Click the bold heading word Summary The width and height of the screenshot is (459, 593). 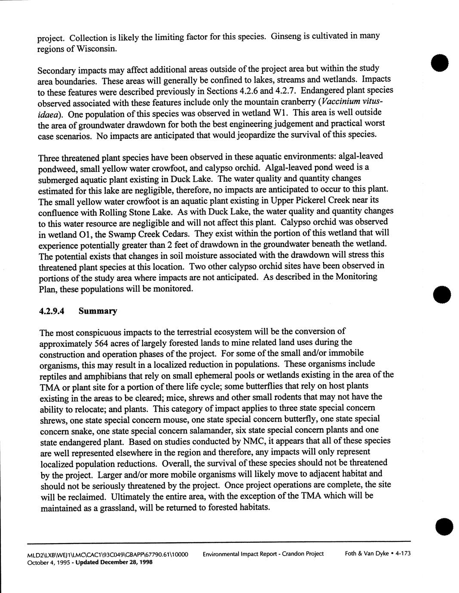(x=98, y=311)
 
